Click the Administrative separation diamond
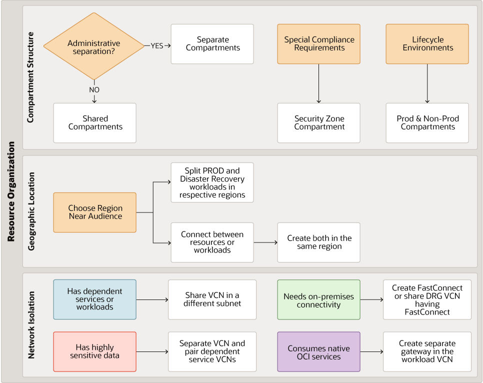(x=94, y=46)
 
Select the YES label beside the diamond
(x=157, y=45)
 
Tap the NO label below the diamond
(x=94, y=90)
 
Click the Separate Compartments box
(x=212, y=44)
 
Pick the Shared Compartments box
(x=95, y=123)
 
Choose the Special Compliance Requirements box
(x=319, y=44)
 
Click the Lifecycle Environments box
(x=427, y=44)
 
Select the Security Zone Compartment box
(x=319, y=123)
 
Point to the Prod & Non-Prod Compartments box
(x=427, y=123)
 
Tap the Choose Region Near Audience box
(x=95, y=212)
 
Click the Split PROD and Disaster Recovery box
(x=212, y=182)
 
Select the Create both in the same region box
(x=319, y=242)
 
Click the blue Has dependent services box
(x=95, y=299)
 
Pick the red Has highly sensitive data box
(x=95, y=351)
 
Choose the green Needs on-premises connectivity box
(x=319, y=299)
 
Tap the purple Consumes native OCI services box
(x=319, y=351)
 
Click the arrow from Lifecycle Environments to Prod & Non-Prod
(x=427, y=83)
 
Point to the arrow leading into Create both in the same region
(x=265, y=242)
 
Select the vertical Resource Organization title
(x=11, y=191)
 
